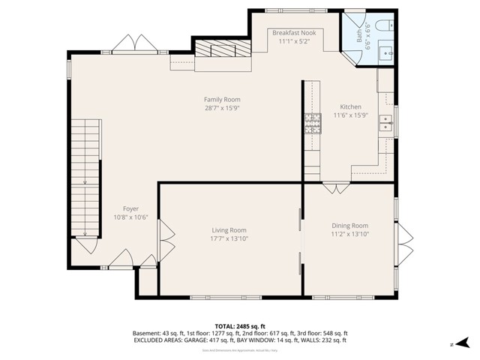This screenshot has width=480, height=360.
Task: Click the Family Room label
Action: point(222,99)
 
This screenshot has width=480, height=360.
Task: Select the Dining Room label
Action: point(349,225)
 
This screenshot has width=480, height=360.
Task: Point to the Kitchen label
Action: point(350,106)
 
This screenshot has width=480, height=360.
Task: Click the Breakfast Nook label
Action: point(293,33)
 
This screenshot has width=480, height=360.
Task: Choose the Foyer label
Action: point(130,208)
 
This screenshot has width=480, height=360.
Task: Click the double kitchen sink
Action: point(385,123)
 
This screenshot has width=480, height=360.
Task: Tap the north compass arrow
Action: point(453,343)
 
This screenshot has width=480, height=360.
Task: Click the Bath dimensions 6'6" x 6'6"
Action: point(367,34)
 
